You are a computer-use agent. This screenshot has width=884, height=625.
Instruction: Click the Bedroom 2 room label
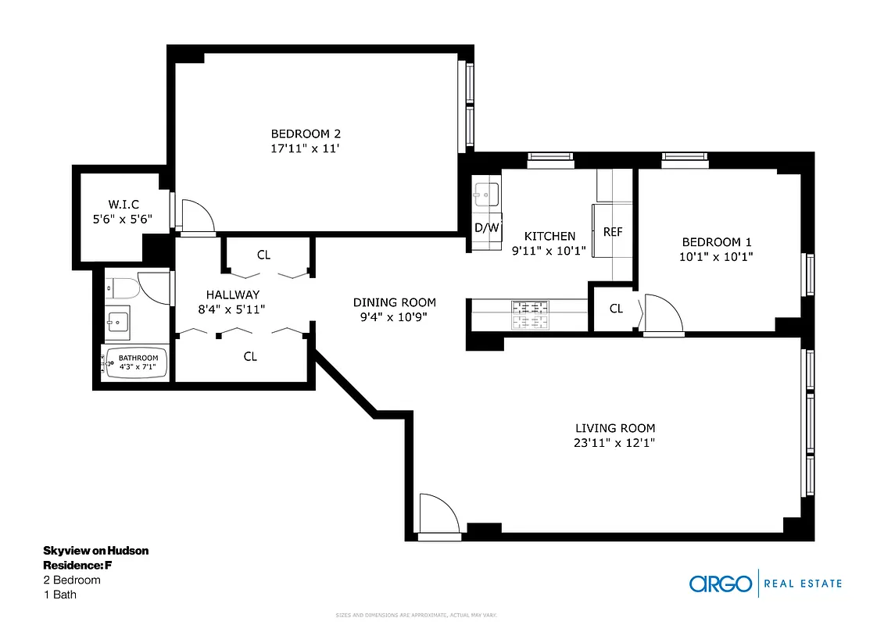306,134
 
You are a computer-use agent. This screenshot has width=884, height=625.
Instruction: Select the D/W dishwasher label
486,228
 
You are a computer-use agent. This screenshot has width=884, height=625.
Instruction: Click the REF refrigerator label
612,232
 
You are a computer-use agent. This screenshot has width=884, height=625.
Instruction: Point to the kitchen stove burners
530,314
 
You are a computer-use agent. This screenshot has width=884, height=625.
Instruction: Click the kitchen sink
487,193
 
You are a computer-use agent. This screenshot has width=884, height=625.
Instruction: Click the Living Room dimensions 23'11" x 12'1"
614,443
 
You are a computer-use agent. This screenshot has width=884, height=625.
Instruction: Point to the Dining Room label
394,302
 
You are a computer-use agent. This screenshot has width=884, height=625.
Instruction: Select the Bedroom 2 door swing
197,216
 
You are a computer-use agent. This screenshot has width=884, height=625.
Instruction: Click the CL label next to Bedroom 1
616,309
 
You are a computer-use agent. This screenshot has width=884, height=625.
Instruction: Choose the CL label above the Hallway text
263,255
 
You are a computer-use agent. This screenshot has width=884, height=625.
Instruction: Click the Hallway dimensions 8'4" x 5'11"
232,309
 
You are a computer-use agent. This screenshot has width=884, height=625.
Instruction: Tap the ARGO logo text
720,584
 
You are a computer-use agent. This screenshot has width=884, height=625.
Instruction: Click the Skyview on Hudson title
95,551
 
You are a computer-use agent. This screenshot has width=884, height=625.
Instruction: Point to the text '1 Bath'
59,595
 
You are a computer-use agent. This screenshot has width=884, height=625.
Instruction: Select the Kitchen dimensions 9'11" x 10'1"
549,251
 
